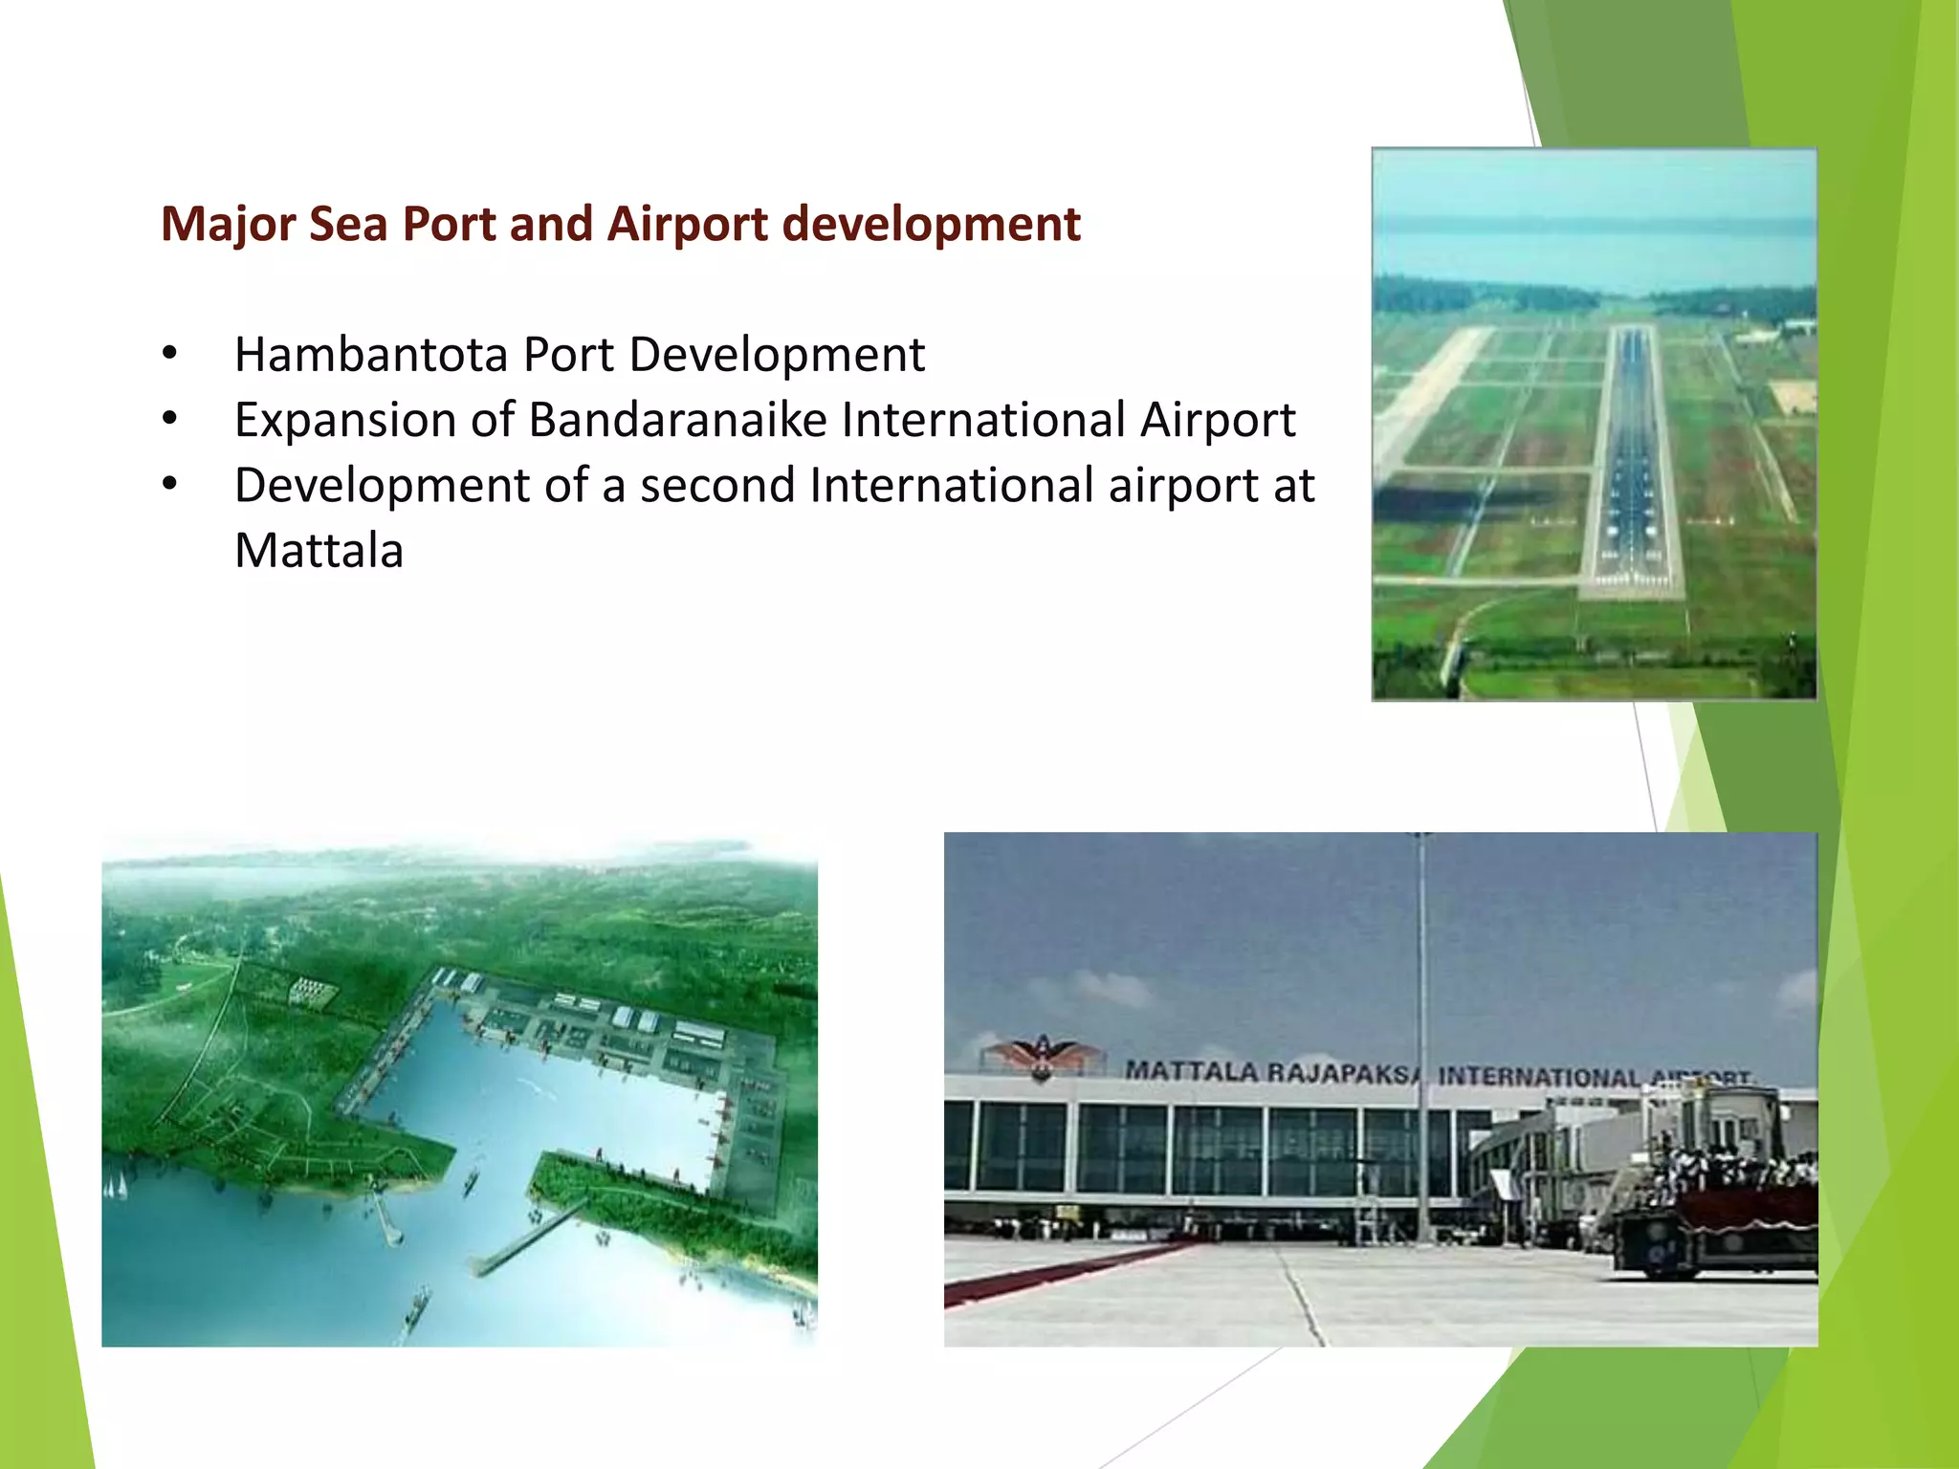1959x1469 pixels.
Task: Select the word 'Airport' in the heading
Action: click(x=688, y=226)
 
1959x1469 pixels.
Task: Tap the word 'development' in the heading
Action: click(x=931, y=226)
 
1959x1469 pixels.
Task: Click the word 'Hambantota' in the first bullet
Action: click(x=371, y=355)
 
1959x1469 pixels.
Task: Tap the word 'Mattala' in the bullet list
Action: click(x=319, y=551)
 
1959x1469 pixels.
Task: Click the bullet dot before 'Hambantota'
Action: click(x=170, y=353)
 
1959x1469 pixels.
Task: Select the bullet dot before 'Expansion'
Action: click(x=170, y=418)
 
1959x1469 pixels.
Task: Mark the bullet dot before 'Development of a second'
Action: click(x=170, y=484)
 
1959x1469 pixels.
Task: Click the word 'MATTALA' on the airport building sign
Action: click(x=1190, y=1070)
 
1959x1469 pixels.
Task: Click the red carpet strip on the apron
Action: click(x=1062, y=1273)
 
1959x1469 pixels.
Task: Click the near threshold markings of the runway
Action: click(x=1630, y=578)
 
